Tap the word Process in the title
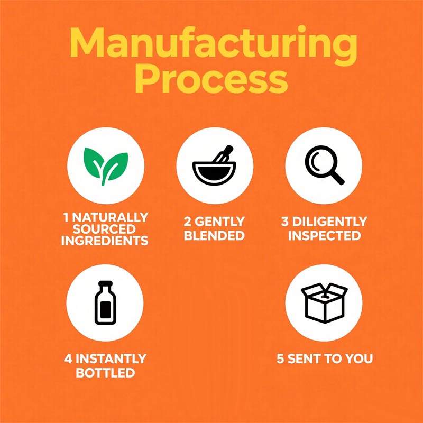211,79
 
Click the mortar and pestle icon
215,165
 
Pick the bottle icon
105,302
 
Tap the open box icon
324,302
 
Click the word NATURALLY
110,217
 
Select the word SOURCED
104,229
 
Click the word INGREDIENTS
105,241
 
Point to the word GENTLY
219,222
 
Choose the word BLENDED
214,235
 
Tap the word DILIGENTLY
329,222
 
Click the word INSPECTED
324,235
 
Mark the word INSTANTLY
111,359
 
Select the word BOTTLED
105,373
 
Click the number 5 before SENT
280,359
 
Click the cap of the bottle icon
105,283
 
